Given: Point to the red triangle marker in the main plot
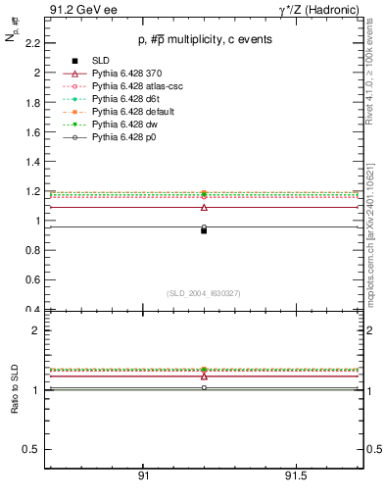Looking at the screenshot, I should pos(204,207).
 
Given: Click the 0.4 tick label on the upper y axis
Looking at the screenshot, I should pos(32,310).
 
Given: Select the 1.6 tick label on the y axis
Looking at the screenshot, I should pos(32,132).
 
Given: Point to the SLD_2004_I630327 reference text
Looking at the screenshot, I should pos(204,293).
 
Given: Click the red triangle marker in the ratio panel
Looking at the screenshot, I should pos(204,376).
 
